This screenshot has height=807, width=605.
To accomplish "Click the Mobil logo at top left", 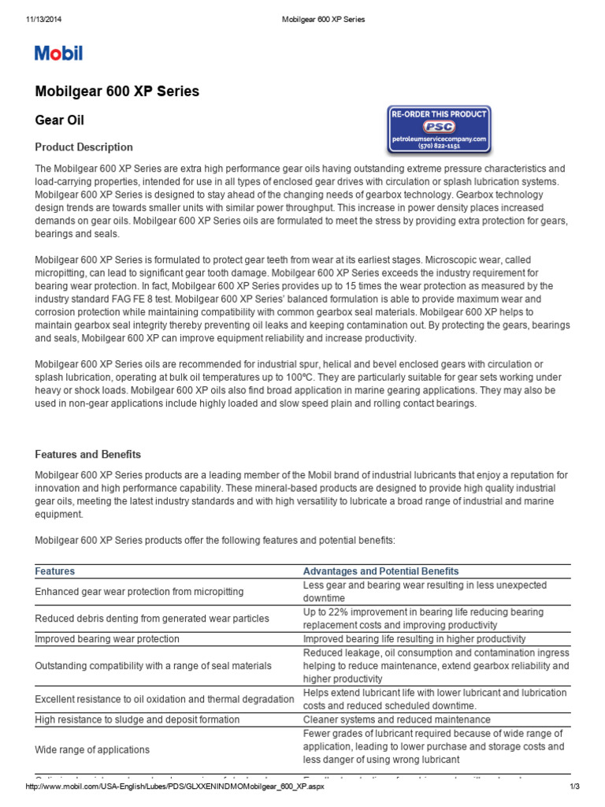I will pyautogui.click(x=58, y=54).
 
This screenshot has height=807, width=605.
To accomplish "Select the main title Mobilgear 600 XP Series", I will pyautogui.click(x=117, y=91).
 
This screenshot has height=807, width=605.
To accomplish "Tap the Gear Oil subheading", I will pyautogui.click(x=60, y=121).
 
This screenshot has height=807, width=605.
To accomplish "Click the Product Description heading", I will pyautogui.click(x=84, y=147).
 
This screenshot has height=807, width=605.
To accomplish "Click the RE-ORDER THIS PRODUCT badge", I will pyautogui.click(x=440, y=114).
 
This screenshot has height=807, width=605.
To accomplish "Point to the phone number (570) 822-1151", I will pyautogui.click(x=440, y=147).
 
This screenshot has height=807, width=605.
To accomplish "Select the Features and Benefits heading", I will pyautogui.click(x=88, y=455).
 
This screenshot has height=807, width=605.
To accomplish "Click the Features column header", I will pyautogui.click(x=55, y=571).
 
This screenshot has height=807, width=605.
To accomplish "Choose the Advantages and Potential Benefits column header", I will pyautogui.click(x=380, y=571).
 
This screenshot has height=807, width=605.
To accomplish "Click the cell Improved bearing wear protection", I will pyautogui.click(x=107, y=639).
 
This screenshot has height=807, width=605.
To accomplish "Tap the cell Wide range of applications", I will pyautogui.click(x=92, y=749).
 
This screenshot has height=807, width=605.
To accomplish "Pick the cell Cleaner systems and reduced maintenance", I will pyautogui.click(x=396, y=720).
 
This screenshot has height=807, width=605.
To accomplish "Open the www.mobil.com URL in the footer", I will pyautogui.click(x=175, y=788).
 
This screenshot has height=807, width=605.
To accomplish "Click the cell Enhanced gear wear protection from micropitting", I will pyautogui.click(x=139, y=591).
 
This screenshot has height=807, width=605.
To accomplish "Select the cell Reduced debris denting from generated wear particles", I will pyautogui.click(x=152, y=619).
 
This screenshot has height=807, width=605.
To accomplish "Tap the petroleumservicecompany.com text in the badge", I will pyautogui.click(x=440, y=138).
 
